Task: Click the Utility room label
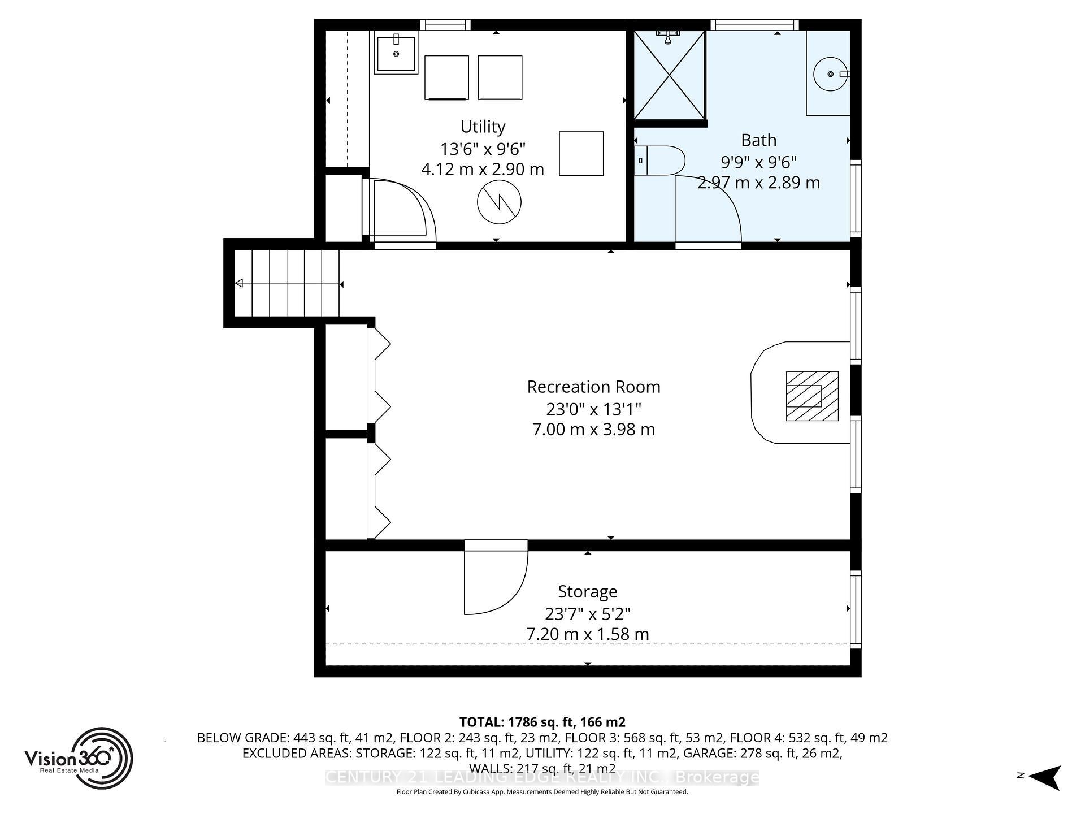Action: coord(483,127)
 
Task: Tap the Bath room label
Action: coord(758,140)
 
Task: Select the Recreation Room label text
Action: coord(593,387)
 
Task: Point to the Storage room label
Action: coord(587,592)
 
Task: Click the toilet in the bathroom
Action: coord(659,161)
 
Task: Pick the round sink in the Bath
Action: coord(830,74)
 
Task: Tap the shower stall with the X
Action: coord(669,75)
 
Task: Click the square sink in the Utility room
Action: coord(396,53)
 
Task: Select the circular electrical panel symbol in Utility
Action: coord(498,203)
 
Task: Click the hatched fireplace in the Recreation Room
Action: coord(812,396)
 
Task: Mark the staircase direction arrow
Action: coord(240,283)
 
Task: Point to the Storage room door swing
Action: coord(495,582)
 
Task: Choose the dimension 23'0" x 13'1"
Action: coord(593,409)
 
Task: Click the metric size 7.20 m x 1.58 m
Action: coord(587,634)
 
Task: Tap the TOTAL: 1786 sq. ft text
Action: coord(542,722)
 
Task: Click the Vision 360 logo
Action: coord(79,758)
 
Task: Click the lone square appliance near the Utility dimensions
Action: coord(581,153)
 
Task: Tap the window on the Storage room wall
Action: coord(856,609)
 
